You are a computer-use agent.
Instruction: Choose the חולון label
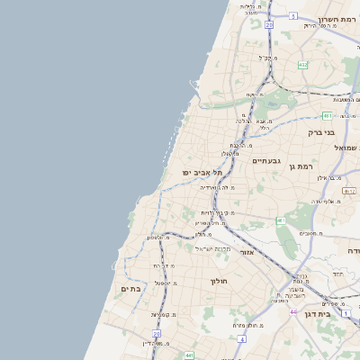tap(221, 281)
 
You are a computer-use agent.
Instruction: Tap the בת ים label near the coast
tap(131, 289)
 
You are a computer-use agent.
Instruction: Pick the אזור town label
tap(246, 253)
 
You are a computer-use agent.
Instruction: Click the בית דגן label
tap(338, 314)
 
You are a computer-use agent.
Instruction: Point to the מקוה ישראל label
tap(213, 247)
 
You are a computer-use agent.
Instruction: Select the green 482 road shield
tap(302, 65)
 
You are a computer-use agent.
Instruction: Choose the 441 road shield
tap(188, 357)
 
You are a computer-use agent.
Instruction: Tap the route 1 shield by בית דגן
tap(320, 313)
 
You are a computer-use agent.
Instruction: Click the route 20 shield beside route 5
tap(269, 25)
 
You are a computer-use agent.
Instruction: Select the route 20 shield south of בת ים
tap(156, 334)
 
